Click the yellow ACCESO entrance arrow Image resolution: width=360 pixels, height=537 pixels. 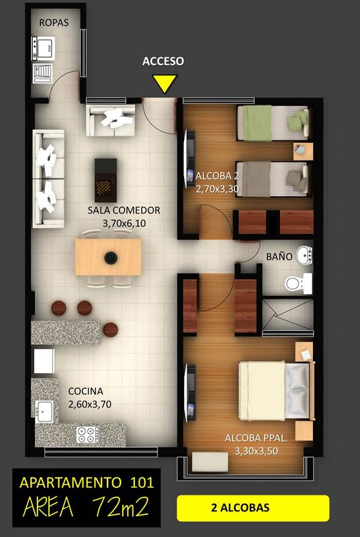click(x=165, y=83)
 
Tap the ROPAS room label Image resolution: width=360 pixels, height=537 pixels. click(x=54, y=23)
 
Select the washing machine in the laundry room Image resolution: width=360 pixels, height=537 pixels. click(x=43, y=48)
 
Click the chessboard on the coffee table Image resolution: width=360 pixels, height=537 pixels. click(x=105, y=187)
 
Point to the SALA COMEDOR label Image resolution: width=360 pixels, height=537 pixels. click(x=124, y=210)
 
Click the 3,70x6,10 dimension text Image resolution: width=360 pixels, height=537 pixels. click(x=124, y=224)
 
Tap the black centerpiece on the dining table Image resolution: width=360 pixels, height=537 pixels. click(x=111, y=258)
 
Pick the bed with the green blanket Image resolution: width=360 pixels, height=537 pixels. click(x=273, y=123)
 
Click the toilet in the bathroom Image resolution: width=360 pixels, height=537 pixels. click(x=299, y=283)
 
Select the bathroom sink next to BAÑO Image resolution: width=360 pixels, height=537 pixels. click(x=304, y=256)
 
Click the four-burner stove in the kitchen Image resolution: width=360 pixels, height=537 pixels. click(x=88, y=434)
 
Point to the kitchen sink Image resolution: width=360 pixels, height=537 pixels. click(x=45, y=411)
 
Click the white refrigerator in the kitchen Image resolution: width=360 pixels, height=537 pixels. click(x=44, y=360)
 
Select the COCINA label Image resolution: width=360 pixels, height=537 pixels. click(x=85, y=391)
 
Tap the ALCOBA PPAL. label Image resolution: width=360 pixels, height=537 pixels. click(x=256, y=438)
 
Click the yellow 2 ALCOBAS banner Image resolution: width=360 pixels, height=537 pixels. click(x=253, y=508)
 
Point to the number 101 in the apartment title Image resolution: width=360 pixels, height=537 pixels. click(x=142, y=483)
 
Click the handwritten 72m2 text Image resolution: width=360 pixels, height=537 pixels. click(x=121, y=507)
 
